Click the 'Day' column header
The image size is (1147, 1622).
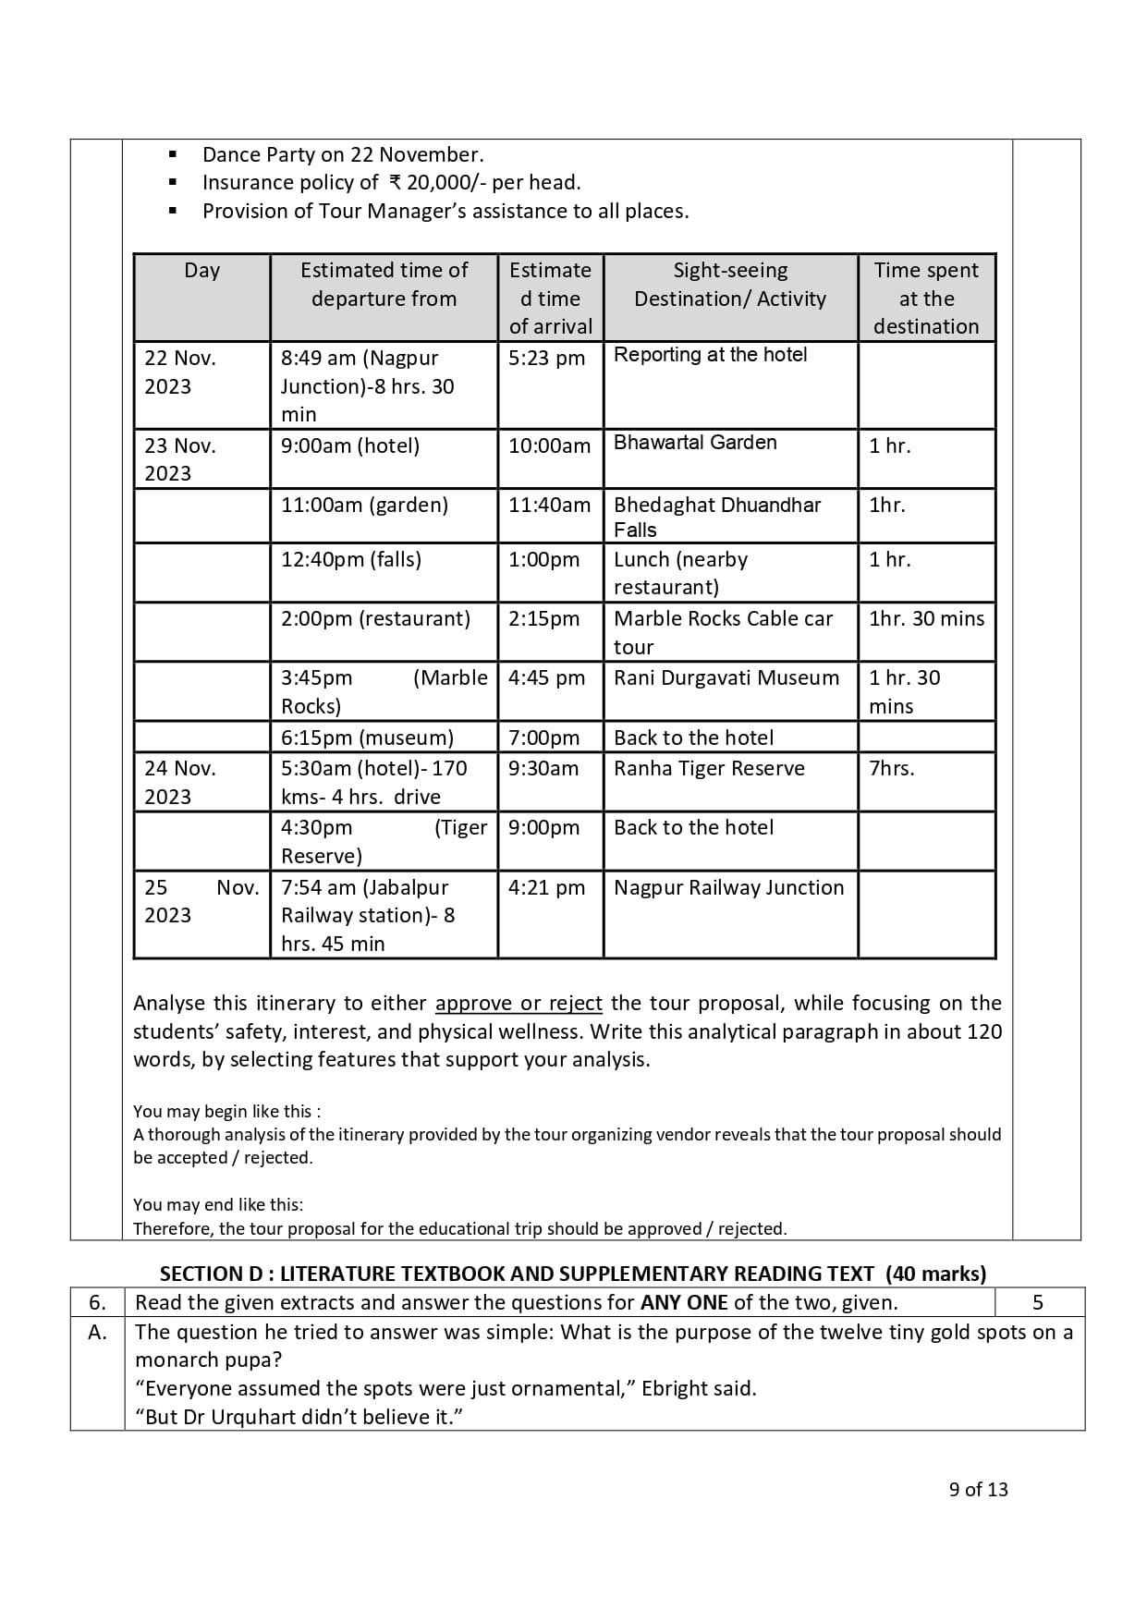201,271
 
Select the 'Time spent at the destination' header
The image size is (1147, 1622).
926,298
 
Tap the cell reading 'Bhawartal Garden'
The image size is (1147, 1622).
695,443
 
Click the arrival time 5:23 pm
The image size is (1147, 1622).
546,359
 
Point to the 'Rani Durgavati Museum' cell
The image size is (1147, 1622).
726,678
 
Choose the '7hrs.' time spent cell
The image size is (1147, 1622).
891,769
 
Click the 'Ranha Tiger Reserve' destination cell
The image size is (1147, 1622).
709,769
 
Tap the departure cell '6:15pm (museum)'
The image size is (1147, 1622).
367,738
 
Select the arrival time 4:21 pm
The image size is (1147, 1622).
546,888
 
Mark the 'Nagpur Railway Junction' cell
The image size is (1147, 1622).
728,888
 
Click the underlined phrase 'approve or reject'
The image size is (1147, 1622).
519,1004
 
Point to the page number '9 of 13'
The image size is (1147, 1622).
978,1490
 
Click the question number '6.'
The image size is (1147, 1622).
97,1303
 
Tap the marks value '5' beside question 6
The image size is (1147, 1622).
1038,1303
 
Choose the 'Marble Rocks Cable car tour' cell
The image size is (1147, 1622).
723,632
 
